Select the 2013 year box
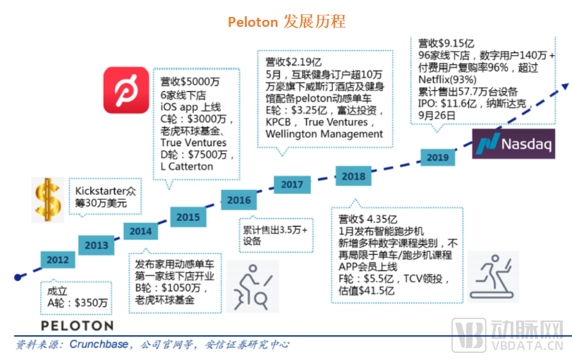(x=97, y=246)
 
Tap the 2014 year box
(x=140, y=231)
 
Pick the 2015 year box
(x=188, y=217)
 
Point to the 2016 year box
(x=239, y=200)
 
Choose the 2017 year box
(x=292, y=185)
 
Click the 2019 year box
(x=438, y=156)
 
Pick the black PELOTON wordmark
(x=77, y=325)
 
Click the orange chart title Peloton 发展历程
(x=286, y=22)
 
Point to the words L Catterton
(x=186, y=166)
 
